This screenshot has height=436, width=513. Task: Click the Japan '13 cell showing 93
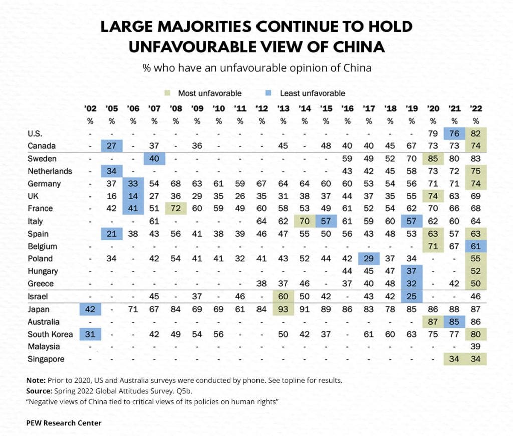(x=283, y=309)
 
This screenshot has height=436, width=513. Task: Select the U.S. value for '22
(x=476, y=134)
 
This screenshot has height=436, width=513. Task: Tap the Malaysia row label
(x=44, y=347)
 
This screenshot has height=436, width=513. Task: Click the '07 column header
(x=154, y=108)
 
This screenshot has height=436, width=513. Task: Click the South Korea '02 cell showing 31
(x=90, y=334)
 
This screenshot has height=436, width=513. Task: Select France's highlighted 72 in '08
(x=176, y=209)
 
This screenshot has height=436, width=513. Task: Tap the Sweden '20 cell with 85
(x=433, y=159)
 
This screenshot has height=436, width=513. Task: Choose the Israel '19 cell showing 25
(x=412, y=297)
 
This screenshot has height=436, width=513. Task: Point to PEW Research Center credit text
(x=64, y=423)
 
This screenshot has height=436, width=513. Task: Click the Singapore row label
(x=46, y=359)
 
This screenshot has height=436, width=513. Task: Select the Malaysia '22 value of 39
(x=476, y=347)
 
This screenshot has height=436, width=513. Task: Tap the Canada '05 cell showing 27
(x=112, y=146)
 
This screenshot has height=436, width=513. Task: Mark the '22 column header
(x=476, y=108)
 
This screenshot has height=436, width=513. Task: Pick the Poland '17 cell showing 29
(x=369, y=259)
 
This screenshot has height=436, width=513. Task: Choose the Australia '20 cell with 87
(x=433, y=322)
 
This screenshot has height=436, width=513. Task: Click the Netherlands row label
(x=50, y=171)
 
